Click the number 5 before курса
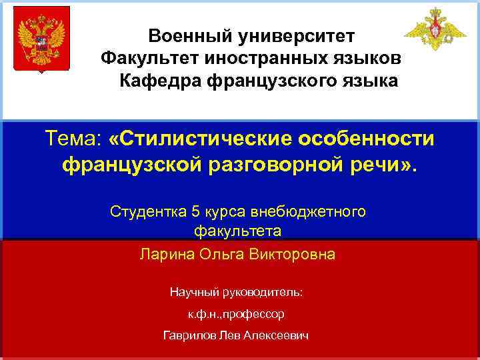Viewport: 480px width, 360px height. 195,212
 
